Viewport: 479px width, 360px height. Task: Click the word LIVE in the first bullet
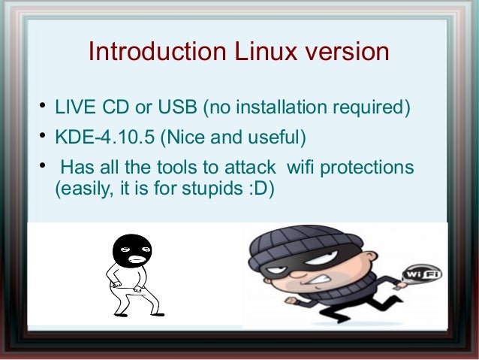click(73, 109)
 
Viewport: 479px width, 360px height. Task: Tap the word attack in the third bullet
click(250, 166)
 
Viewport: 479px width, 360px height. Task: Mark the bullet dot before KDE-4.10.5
click(44, 136)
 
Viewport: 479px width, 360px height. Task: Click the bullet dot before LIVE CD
click(44, 107)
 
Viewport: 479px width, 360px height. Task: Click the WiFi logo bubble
click(422, 275)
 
